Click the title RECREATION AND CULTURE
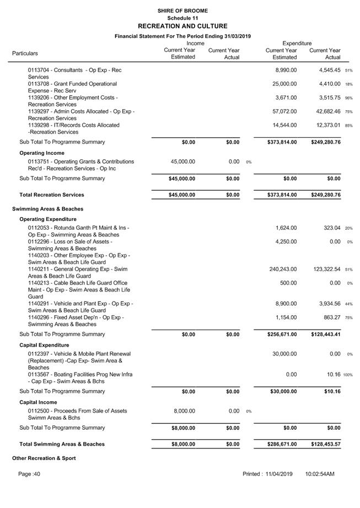(182, 26)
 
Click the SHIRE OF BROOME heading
(182, 10)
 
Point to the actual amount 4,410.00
(330, 84)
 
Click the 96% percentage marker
(348, 98)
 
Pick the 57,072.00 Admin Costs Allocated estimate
(285, 112)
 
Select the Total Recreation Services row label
(51, 195)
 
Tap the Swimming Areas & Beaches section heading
(47, 209)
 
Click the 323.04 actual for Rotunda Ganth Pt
(331, 228)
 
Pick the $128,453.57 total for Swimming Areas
(325, 444)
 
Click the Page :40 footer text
(29, 474)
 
